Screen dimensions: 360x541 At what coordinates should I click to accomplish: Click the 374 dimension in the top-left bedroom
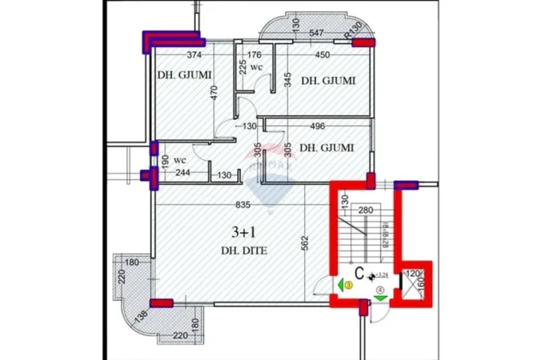coord(193,55)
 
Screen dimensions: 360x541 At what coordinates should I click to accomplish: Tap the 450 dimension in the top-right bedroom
coord(322,55)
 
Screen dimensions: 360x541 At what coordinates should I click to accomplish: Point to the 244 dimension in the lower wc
coord(182,174)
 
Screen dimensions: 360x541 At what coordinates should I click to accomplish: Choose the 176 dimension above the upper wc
coord(254,55)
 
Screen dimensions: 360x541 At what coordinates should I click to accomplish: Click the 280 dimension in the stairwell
coord(367,210)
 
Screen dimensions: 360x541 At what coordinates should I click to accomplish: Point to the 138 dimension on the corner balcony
coord(142,314)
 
